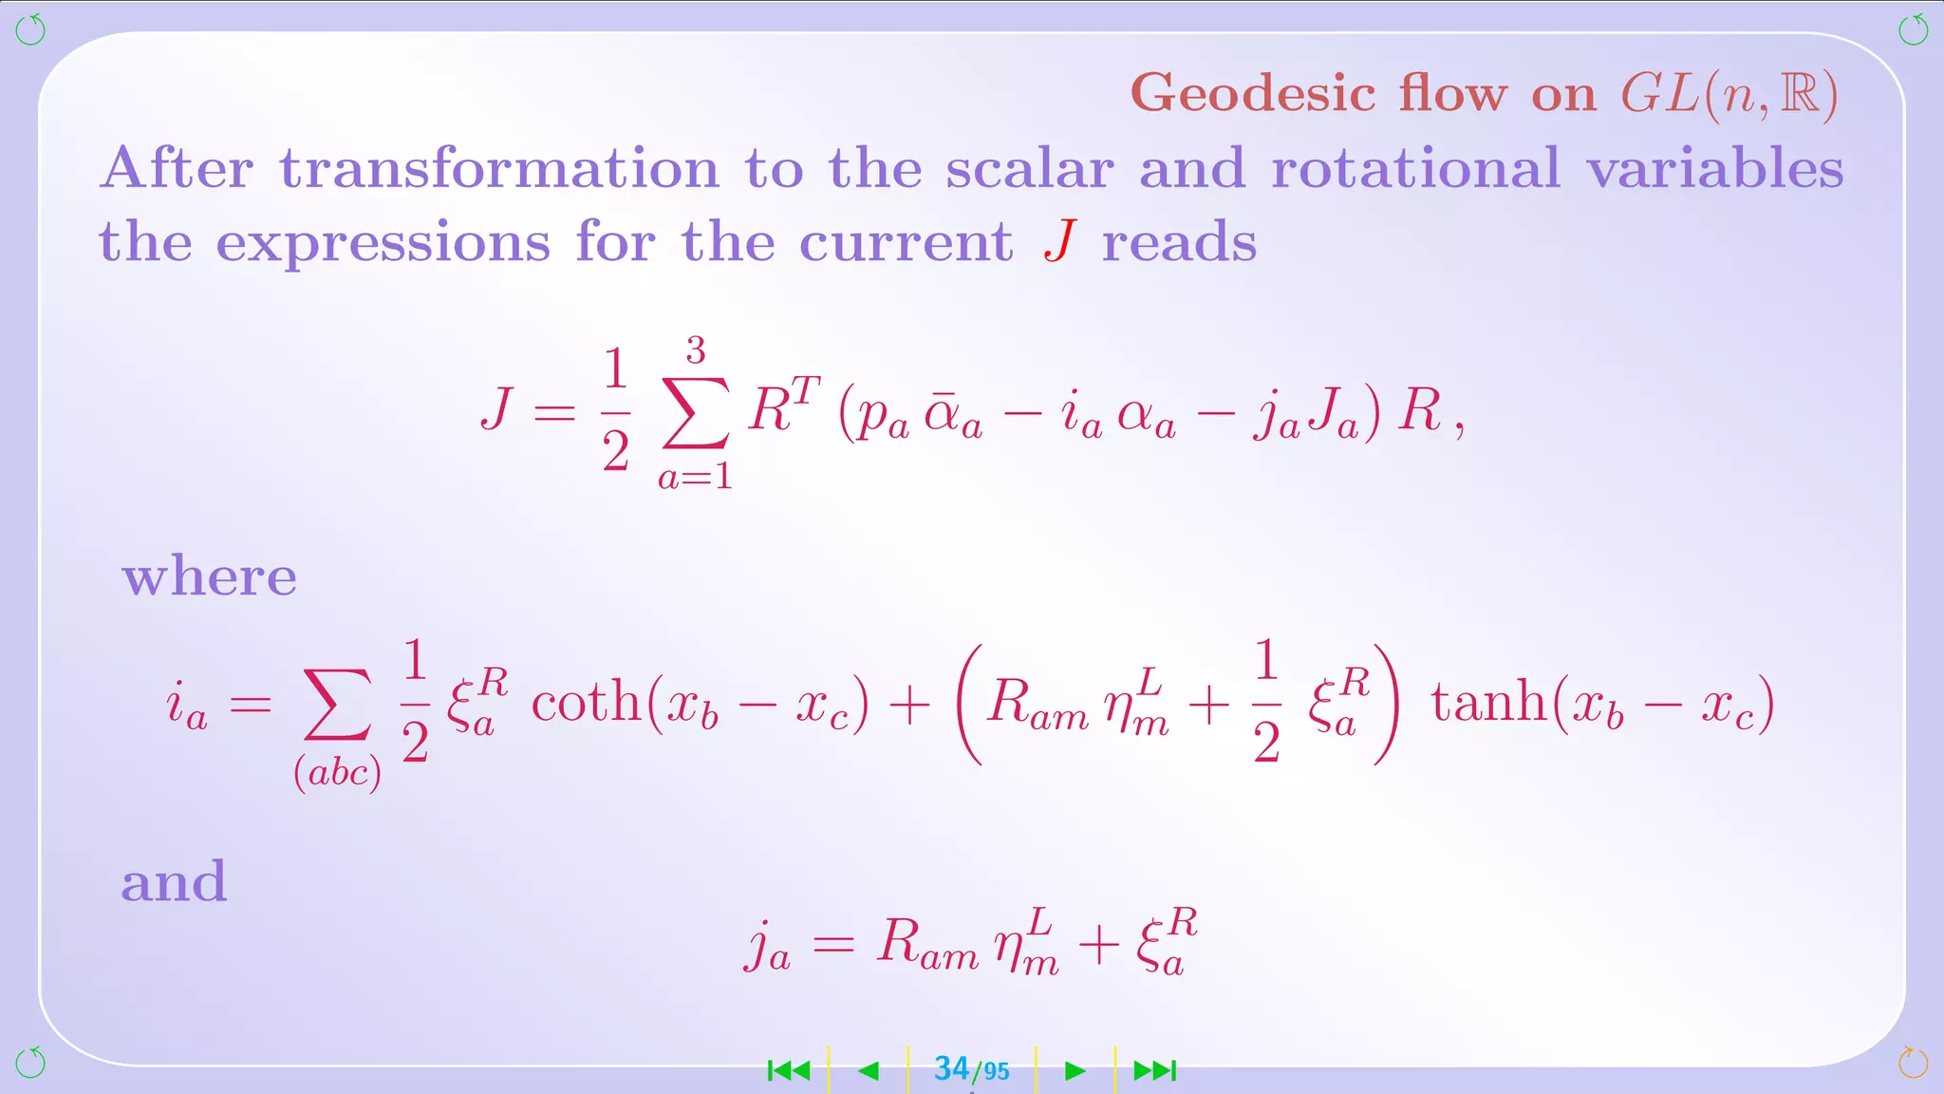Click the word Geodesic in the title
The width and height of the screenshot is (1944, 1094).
click(1253, 94)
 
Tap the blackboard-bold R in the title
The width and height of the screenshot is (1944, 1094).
click(1800, 94)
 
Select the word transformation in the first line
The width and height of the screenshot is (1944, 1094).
click(499, 169)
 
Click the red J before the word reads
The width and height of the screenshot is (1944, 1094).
click(1060, 241)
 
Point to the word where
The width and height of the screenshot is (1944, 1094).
click(209, 576)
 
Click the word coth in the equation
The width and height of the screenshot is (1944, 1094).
click(586, 703)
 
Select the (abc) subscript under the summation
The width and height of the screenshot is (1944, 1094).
click(337, 773)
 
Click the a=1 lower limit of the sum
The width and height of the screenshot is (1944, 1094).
click(696, 476)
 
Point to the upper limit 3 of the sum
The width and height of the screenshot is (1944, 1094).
click(696, 351)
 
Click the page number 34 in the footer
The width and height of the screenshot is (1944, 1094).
click(952, 1069)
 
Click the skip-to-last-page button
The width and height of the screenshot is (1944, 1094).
click(1155, 1071)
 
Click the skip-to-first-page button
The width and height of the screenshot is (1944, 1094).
click(789, 1071)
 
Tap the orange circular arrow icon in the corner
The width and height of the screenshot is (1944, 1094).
click(1913, 1062)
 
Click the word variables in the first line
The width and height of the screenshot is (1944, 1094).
click(1715, 169)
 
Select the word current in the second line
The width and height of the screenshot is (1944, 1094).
click(906, 242)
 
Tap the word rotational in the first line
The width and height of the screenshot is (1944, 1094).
click(1415, 169)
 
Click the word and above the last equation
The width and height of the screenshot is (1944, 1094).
click(174, 881)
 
